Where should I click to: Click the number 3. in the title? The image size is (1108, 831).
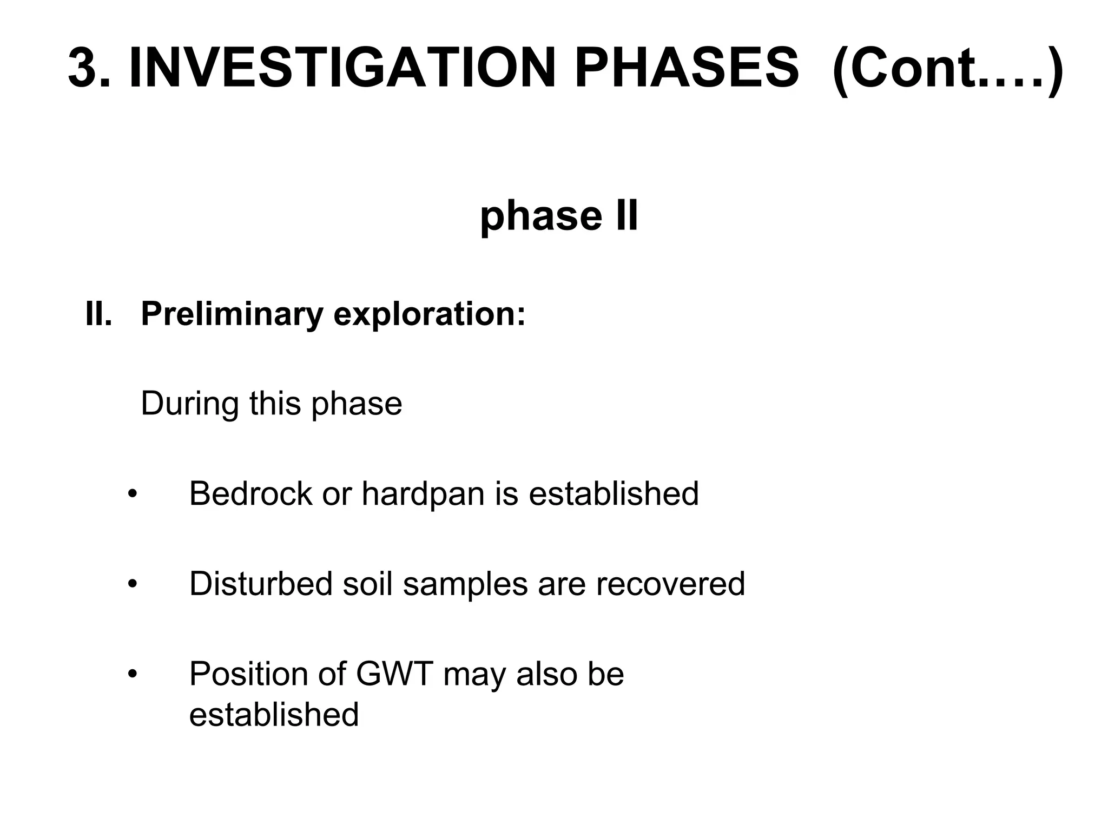pyautogui.click(x=89, y=69)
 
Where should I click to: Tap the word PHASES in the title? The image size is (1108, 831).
pyautogui.click(x=686, y=69)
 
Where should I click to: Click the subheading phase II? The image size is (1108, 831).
pyautogui.click(x=559, y=216)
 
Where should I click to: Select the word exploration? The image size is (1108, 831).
pyautogui.click(x=430, y=314)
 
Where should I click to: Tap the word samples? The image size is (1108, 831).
pyautogui.click(x=465, y=585)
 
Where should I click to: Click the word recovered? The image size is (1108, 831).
pyautogui.click(x=670, y=584)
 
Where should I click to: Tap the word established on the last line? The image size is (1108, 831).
pyautogui.click(x=274, y=714)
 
